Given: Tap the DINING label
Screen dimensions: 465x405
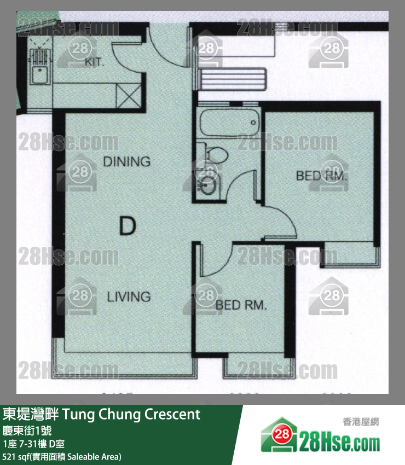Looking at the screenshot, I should tap(126, 161).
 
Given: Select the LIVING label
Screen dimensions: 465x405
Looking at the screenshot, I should tap(128, 297).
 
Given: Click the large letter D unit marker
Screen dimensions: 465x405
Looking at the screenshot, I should tap(127, 225).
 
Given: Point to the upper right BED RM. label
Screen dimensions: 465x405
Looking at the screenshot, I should tap(322, 176).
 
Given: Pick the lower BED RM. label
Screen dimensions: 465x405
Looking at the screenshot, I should tap(241, 305).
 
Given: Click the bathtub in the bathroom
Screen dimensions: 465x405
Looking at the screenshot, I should tap(229, 124).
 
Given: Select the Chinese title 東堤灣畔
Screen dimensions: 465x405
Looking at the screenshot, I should tap(31, 414).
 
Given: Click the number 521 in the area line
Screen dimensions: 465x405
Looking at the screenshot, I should tap(9, 456).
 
